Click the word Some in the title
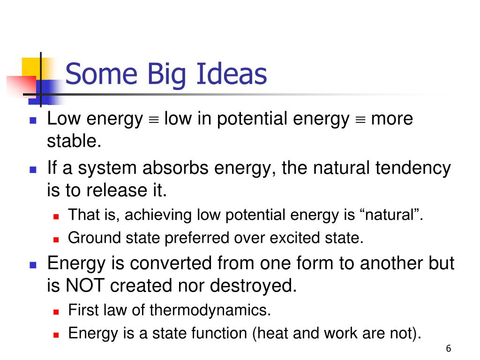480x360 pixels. coord(101,74)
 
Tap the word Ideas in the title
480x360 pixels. coord(232,74)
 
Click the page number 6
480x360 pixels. coord(449,348)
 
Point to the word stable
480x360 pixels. coord(74,141)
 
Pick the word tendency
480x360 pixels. coord(413,169)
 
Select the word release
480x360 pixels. coord(117,190)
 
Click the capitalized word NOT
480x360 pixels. coord(85,285)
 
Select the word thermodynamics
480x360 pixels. coord(210,310)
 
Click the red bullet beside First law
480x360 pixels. coord(56,312)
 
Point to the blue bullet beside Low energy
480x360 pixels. coord(33,120)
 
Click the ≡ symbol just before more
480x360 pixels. coord(360,120)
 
